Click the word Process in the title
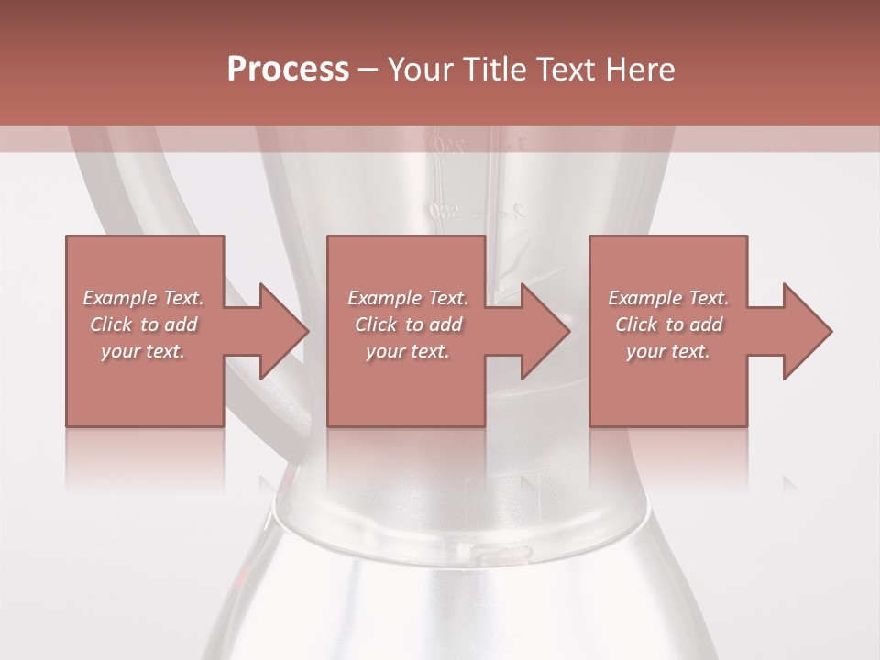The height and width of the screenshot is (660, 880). coord(288,70)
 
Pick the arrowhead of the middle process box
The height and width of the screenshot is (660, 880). coord(544,331)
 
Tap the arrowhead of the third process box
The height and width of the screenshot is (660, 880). coord(806,331)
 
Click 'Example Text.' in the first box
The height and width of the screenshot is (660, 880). coord(143,298)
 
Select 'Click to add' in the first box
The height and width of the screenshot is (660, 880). coord(143,324)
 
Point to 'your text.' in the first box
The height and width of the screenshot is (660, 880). coord(143,351)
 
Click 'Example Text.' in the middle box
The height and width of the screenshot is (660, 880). coord(407,298)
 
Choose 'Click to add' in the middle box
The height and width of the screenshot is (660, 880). coord(407,324)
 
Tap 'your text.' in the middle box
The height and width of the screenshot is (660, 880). coord(407,351)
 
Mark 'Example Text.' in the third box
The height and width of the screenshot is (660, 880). coord(668,298)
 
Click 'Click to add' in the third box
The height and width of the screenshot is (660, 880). coord(668,324)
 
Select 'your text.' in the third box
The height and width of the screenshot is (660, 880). coord(668,351)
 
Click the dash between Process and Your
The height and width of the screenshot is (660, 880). coord(368,71)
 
